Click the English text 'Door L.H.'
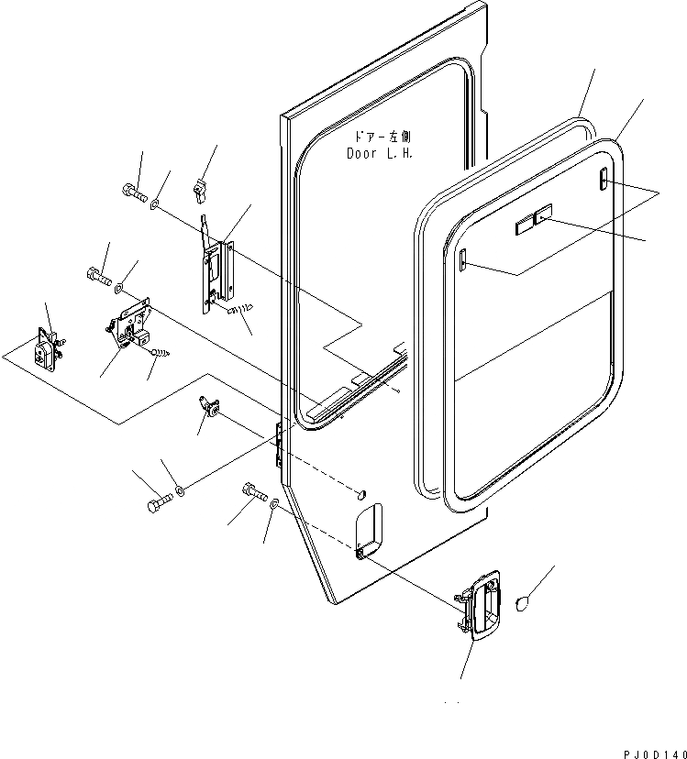pos(379,153)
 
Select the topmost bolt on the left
pos(133,192)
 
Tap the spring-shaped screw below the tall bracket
pos(238,310)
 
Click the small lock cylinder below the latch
pos(209,407)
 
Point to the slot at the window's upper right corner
pos(604,179)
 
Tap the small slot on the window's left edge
pos(462,258)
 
